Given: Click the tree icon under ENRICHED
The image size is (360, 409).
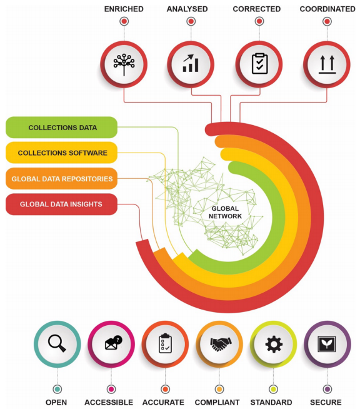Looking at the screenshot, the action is pyautogui.click(x=124, y=64).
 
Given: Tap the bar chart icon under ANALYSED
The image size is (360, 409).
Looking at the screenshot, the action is pyautogui.click(x=191, y=63).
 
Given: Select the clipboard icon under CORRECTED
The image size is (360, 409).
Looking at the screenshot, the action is pyautogui.click(x=259, y=63).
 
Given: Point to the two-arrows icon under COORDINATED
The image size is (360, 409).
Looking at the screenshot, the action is pyautogui.click(x=327, y=64).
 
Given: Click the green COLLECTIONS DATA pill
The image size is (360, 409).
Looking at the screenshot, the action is pyautogui.click(x=61, y=128).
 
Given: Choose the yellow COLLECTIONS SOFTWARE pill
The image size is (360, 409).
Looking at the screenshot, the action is pyautogui.click(x=61, y=153).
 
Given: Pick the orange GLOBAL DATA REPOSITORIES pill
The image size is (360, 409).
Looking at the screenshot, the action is pyautogui.click(x=61, y=179).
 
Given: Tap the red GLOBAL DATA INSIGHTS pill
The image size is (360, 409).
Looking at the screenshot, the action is pyautogui.click(x=61, y=204).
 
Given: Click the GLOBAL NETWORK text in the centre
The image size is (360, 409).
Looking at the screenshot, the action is pyautogui.click(x=225, y=213).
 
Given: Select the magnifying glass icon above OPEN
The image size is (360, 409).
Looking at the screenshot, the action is pyautogui.click(x=57, y=343).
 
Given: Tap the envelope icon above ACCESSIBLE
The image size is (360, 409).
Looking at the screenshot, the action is pyautogui.click(x=113, y=343).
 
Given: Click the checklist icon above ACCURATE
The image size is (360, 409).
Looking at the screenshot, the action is pyautogui.click(x=165, y=343).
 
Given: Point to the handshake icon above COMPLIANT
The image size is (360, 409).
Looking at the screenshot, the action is pyautogui.click(x=221, y=344).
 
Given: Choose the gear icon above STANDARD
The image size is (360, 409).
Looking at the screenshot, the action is pyautogui.click(x=274, y=344).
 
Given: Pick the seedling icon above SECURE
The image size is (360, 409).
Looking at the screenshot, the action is pyautogui.click(x=327, y=344).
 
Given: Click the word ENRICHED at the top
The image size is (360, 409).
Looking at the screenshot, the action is pyautogui.click(x=124, y=9).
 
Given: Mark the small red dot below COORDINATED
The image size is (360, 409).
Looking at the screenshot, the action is pyautogui.click(x=327, y=21).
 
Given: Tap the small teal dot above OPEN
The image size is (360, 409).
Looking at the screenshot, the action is pyautogui.click(x=57, y=390).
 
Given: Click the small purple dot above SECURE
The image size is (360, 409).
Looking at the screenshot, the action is pyautogui.click(x=327, y=390).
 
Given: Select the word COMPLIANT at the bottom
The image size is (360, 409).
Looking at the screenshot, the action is pyautogui.click(x=217, y=402).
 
